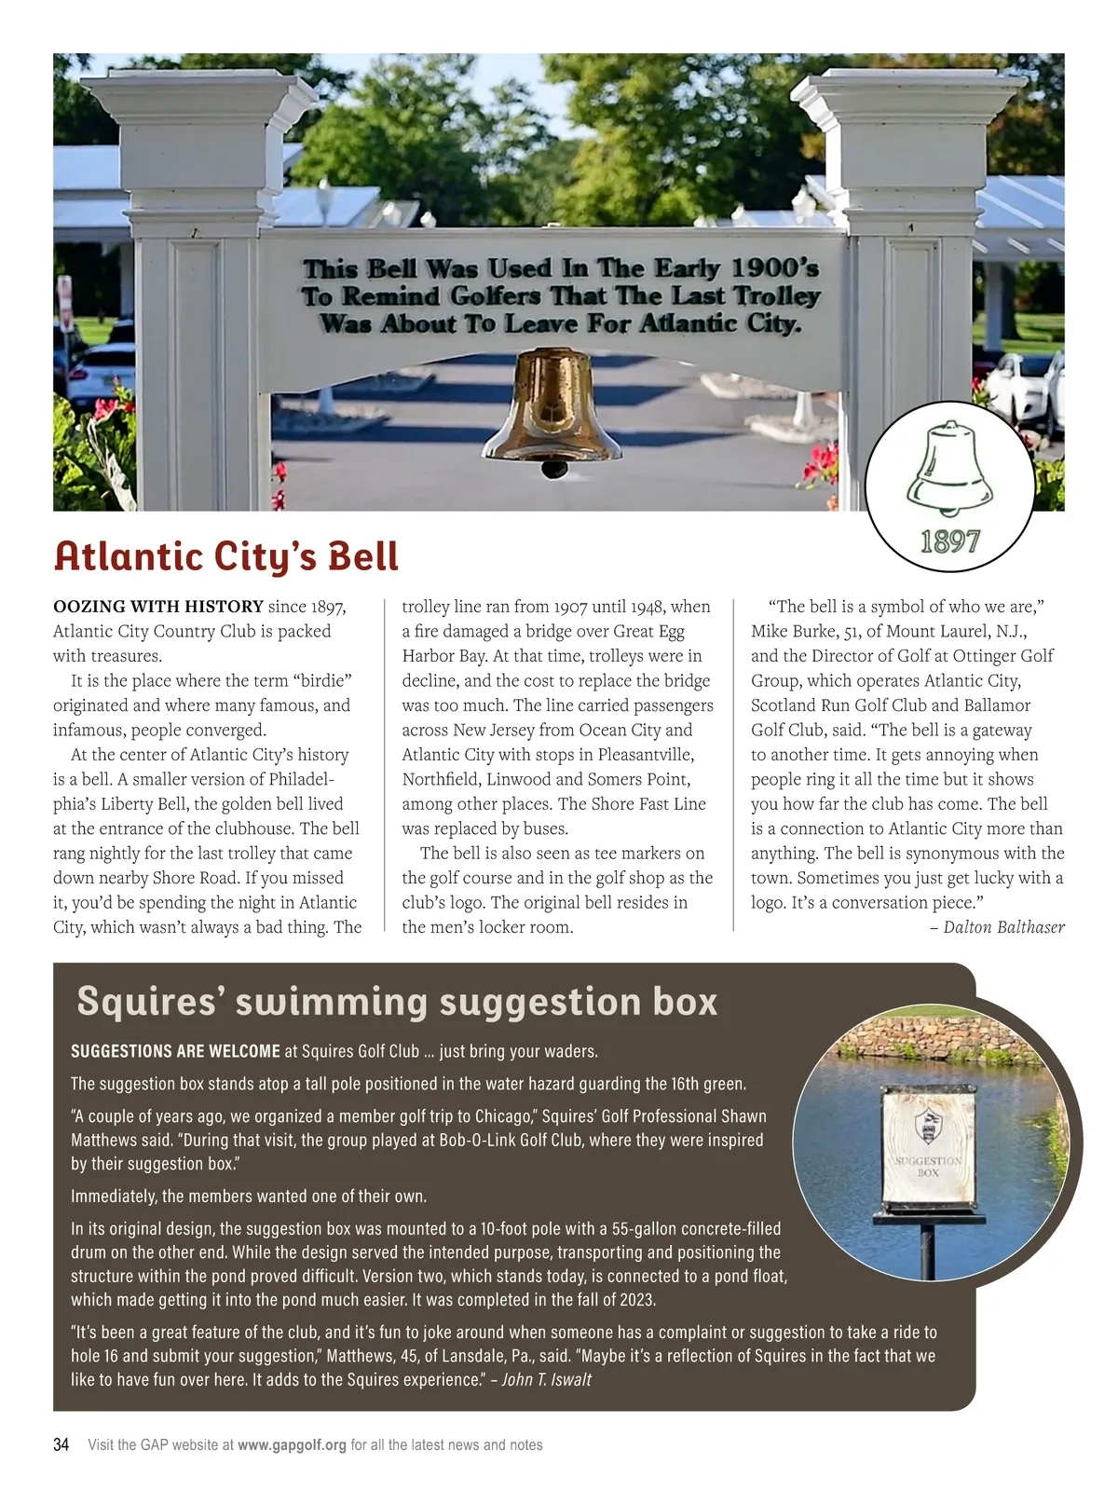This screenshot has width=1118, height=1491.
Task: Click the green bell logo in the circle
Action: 948,471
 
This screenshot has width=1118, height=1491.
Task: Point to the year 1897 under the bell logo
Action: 949,541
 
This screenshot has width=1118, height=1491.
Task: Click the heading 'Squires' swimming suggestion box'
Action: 397,1002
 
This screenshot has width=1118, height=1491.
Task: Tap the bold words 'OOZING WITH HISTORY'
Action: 158,607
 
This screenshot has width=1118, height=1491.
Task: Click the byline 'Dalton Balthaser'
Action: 1003,926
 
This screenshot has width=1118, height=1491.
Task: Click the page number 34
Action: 61,1445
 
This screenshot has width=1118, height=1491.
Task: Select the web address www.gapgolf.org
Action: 293,1445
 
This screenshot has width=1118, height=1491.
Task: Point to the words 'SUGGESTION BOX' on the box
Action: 928,1167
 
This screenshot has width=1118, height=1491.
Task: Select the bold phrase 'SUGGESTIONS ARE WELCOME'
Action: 176,1051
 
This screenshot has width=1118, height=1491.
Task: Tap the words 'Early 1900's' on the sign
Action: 736,269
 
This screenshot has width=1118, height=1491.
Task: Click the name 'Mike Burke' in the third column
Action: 793,631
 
